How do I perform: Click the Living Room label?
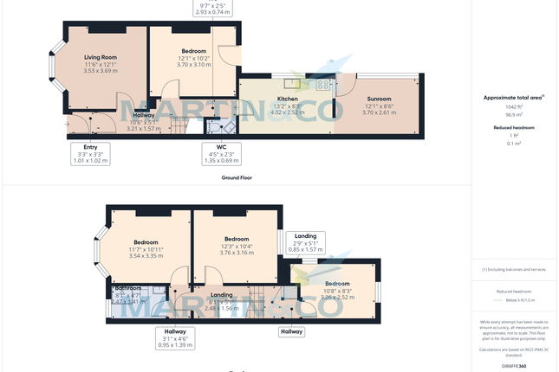[x=101, y=58]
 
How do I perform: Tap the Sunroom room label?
[x=379, y=99]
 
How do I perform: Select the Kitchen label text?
[x=287, y=99]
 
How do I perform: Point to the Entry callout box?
[x=90, y=153]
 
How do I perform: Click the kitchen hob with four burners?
[x=324, y=85]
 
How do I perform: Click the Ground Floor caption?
[x=235, y=176]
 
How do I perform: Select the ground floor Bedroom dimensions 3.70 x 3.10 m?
[x=194, y=65]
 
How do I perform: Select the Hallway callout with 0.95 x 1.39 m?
[x=176, y=338]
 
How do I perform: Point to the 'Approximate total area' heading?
[x=513, y=98]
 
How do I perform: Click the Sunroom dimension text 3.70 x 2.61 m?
[x=379, y=112]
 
